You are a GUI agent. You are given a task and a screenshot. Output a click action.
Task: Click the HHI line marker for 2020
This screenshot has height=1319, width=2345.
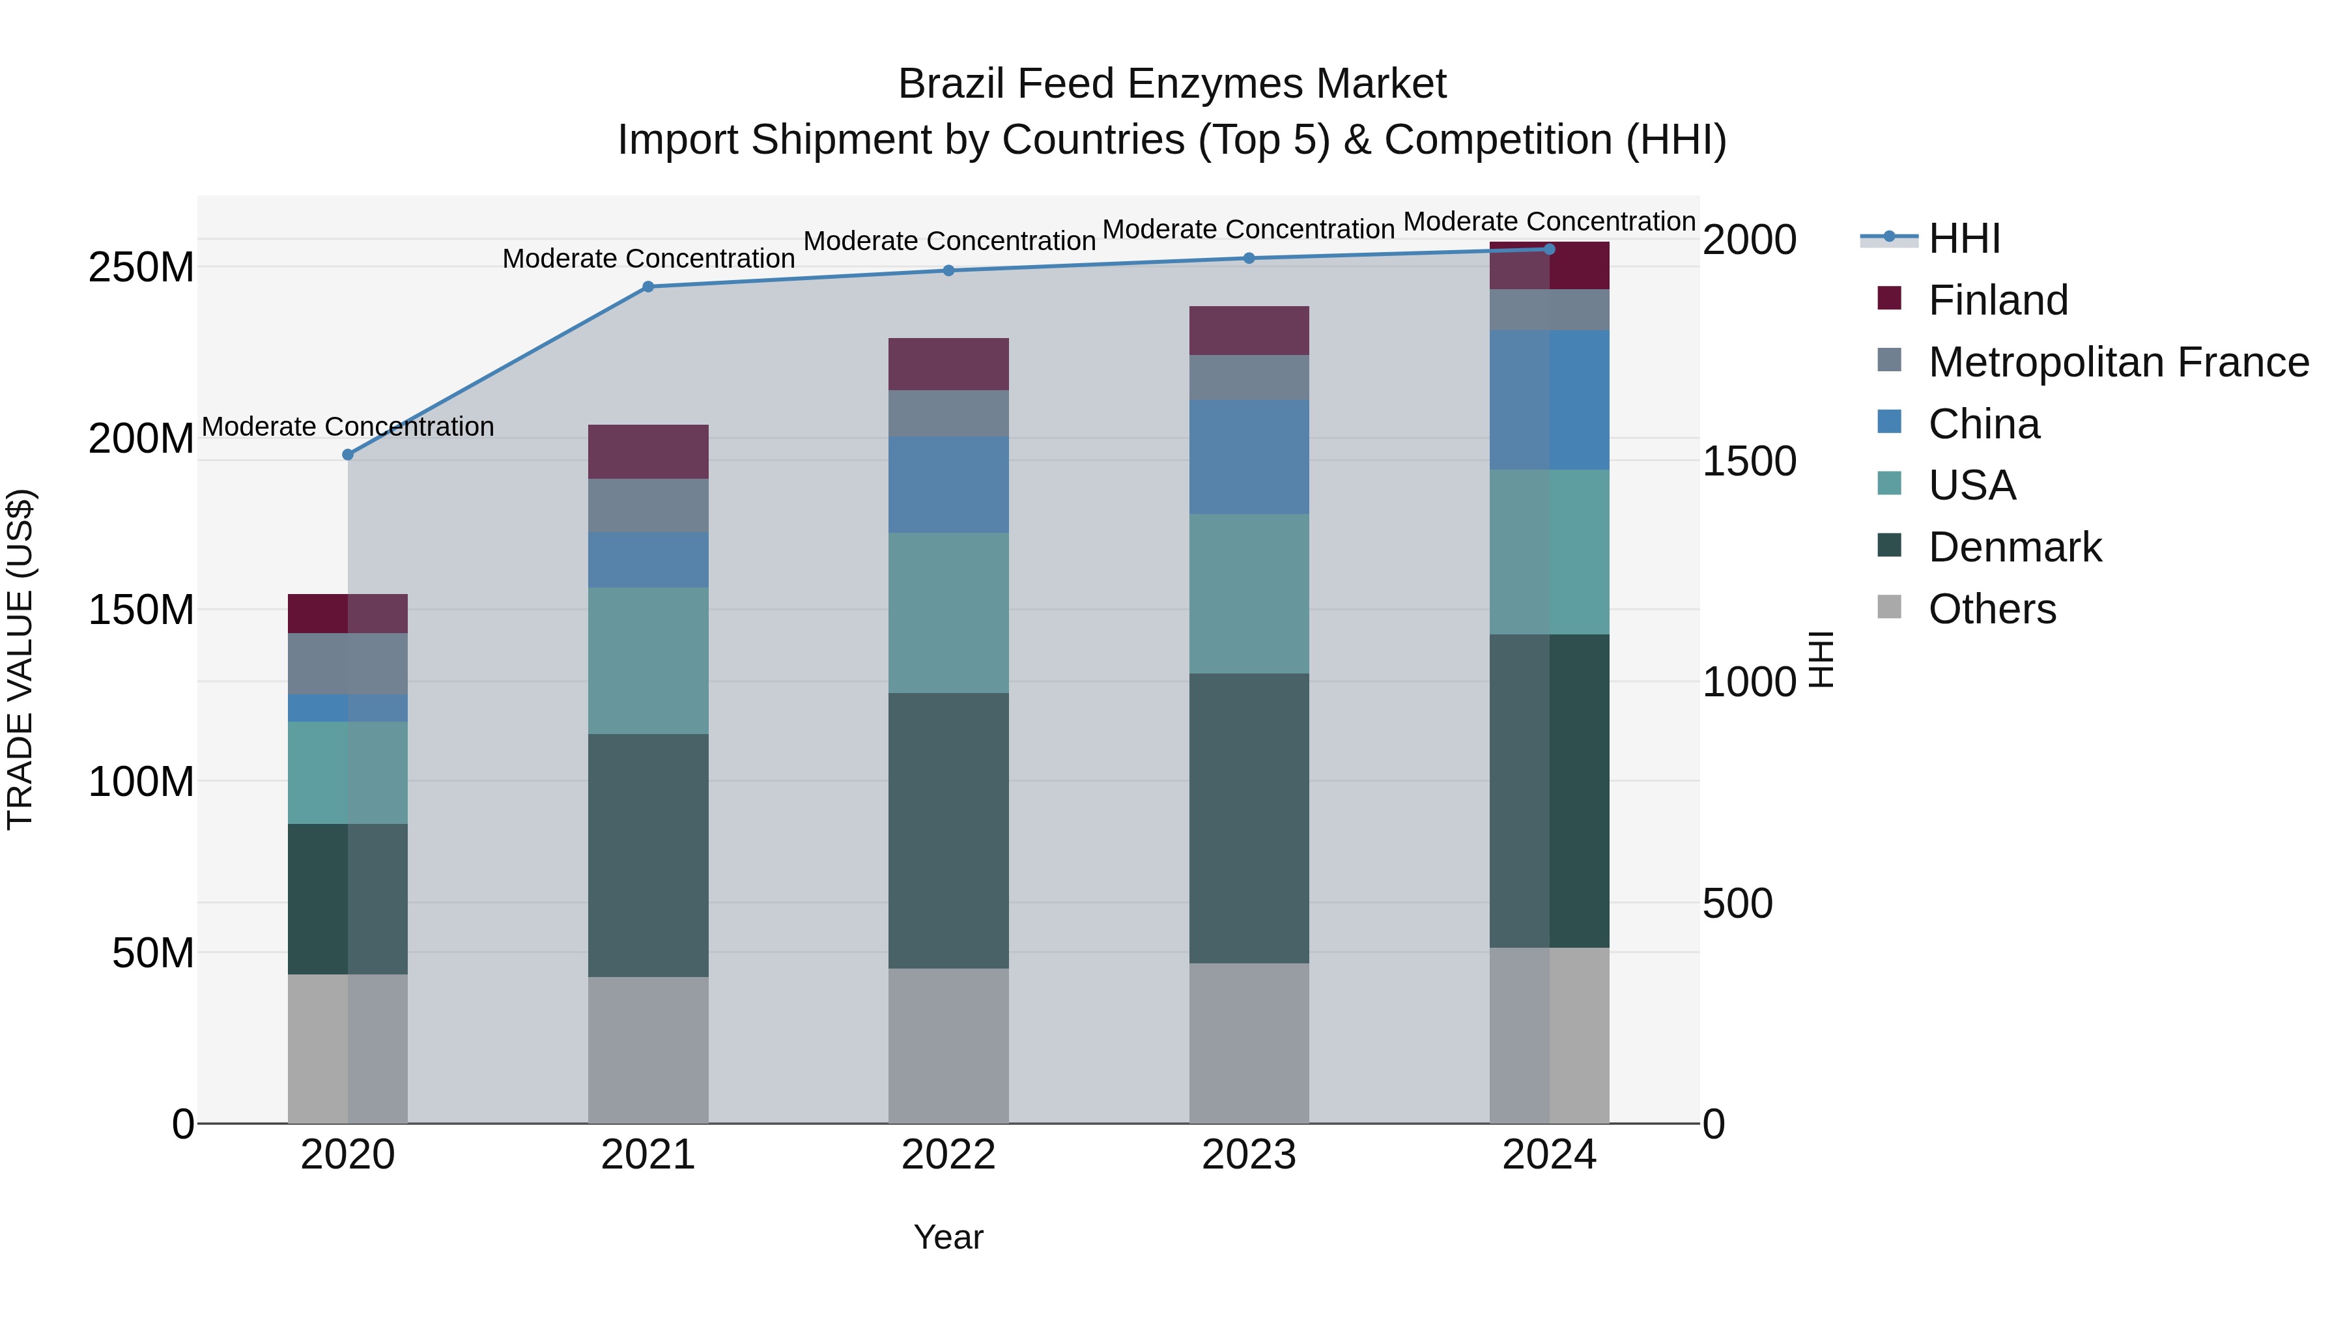pyautogui.click(x=348, y=454)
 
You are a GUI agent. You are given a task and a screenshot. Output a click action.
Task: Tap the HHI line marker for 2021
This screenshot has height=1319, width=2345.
pyautogui.click(x=648, y=287)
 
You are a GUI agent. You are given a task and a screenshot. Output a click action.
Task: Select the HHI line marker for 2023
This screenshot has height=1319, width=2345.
pyautogui.click(x=1249, y=259)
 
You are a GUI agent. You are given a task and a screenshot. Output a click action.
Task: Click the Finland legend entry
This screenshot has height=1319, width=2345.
pyautogui.click(x=1998, y=300)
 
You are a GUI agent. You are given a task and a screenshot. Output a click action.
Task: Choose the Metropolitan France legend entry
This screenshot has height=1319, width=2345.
pyautogui.click(x=2118, y=362)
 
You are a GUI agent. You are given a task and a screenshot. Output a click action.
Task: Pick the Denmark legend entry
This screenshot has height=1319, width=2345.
pyautogui.click(x=2015, y=547)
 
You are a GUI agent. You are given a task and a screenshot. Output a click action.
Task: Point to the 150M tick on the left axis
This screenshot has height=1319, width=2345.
pyautogui.click(x=141, y=610)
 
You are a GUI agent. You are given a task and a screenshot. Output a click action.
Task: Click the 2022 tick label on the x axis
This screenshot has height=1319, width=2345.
pyautogui.click(x=948, y=1155)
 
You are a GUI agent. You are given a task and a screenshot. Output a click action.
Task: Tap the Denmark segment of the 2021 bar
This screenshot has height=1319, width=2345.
pyautogui.click(x=648, y=856)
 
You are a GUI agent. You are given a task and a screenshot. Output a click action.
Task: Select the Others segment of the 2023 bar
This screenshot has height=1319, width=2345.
pyautogui.click(x=1249, y=1043)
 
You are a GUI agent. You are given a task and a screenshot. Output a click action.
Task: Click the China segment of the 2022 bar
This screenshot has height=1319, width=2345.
pyautogui.click(x=948, y=484)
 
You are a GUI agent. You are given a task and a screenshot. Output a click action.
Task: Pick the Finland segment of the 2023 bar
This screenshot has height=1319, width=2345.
pyautogui.click(x=1249, y=330)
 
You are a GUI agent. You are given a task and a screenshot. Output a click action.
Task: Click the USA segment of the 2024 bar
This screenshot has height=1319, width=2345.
pyautogui.click(x=1550, y=552)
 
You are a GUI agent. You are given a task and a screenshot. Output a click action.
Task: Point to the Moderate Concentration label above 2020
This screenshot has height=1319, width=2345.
pyautogui.click(x=348, y=427)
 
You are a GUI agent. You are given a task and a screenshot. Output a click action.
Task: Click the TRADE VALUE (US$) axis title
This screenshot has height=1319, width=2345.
pyautogui.click(x=20, y=659)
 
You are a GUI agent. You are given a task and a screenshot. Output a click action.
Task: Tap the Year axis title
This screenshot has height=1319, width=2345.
pyautogui.click(x=948, y=1237)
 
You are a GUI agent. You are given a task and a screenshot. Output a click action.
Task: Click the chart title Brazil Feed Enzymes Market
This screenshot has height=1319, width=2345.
pyautogui.click(x=1172, y=84)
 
